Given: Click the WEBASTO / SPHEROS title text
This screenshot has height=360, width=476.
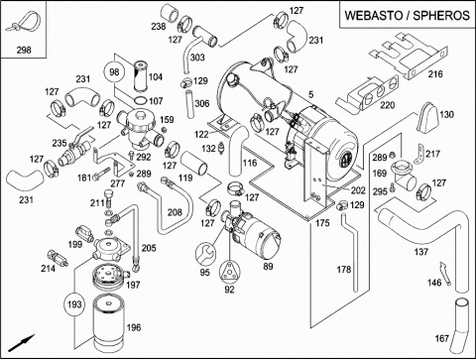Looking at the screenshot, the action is click(407, 15).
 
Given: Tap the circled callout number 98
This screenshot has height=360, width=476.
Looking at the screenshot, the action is click(114, 71).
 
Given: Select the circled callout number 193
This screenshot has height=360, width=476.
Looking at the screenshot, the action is click(74, 304).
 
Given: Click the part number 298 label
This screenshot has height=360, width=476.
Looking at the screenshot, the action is click(24, 50).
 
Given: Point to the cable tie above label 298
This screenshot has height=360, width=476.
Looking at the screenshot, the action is click(23, 21).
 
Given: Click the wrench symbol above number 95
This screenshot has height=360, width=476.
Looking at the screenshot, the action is click(205, 254).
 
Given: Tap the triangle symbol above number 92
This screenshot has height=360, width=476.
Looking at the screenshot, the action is click(229, 272).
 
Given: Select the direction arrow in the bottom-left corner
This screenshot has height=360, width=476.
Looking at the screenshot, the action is click(21, 343).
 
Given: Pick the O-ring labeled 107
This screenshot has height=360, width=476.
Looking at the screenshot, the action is click(141, 100).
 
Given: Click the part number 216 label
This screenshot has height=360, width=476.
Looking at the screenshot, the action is click(435, 74).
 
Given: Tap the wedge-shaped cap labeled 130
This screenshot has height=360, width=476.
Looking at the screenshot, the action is click(428, 117).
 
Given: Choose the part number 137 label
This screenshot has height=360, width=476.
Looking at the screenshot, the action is click(421, 252).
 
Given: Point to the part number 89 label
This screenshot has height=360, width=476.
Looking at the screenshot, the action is click(268, 266).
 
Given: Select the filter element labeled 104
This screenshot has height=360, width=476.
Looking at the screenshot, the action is click(141, 75).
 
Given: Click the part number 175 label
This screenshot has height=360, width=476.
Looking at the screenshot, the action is click(322, 223).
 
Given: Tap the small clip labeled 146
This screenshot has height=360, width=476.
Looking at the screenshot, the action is click(444, 274).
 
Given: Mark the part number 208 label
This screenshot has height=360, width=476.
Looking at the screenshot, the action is click(175, 212).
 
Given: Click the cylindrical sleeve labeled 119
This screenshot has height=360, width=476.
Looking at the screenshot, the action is click(194, 164).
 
